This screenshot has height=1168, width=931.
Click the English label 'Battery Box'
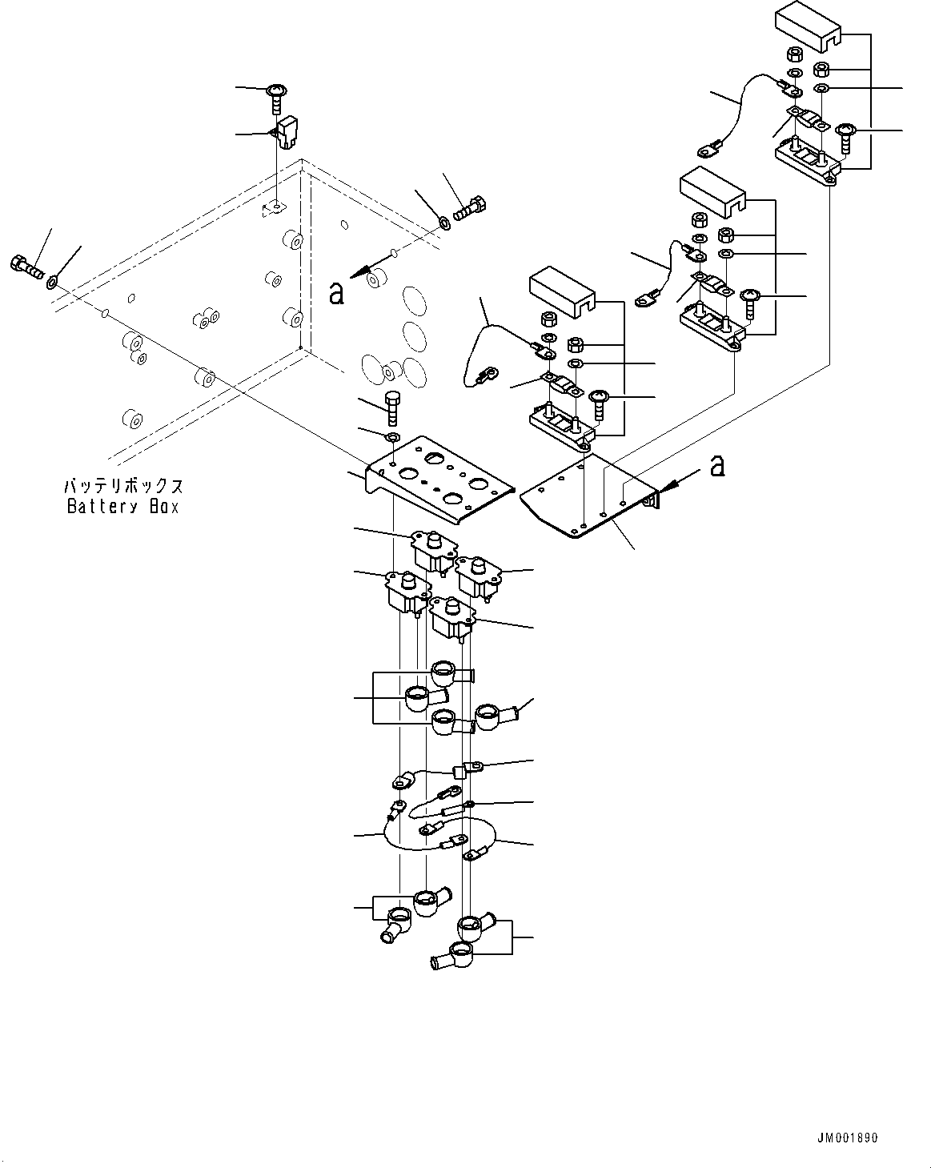coord(123,506)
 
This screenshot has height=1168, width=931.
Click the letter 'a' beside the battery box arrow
coord(336,294)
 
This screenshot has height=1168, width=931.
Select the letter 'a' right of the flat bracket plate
coord(718,465)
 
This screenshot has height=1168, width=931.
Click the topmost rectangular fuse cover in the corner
coord(808,25)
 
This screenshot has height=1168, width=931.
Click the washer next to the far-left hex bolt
coord(53,281)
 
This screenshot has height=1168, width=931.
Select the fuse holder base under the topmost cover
coord(805,162)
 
